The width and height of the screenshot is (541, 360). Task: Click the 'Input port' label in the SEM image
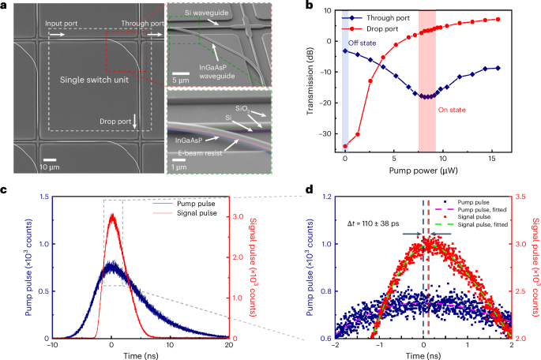coord(60,24)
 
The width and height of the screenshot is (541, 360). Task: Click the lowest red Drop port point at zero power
coord(346,146)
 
